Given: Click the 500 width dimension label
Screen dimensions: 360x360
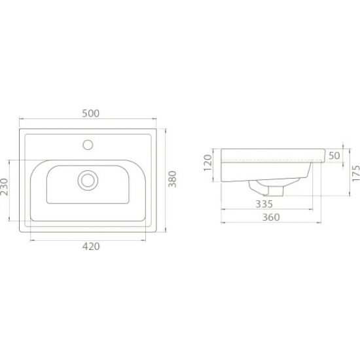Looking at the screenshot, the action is point(91,113).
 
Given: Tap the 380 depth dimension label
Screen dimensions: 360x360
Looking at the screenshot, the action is point(172,179).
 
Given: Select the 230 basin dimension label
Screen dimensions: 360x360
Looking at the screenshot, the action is point(5,187).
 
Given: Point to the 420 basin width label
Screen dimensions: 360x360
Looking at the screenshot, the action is point(91,246).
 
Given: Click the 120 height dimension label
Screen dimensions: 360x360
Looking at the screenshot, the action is point(207,163).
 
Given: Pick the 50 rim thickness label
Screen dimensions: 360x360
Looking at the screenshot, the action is point(334,156).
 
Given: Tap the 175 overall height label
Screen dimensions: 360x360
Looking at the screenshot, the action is point(356,173).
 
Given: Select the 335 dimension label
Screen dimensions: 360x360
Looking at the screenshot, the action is point(264,204).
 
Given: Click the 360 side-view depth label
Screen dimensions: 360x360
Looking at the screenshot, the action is point(271,217).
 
